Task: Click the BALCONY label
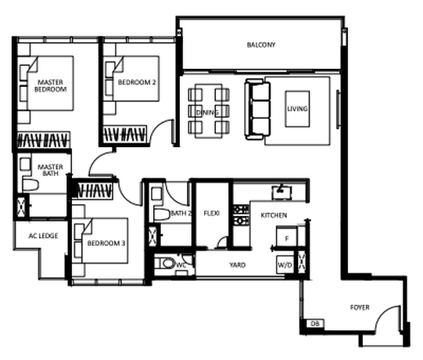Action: [261, 45]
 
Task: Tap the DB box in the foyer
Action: [315, 323]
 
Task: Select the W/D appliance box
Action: [285, 265]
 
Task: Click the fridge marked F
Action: [287, 237]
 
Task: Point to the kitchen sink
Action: [281, 193]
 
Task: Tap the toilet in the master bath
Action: [30, 185]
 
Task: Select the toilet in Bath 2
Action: [162, 214]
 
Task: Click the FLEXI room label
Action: [212, 214]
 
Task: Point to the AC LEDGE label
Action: [43, 236]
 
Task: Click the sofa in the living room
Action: [257, 109]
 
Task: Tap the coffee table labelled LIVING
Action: [297, 109]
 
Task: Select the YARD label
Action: [238, 265]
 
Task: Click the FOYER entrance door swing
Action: [387, 318]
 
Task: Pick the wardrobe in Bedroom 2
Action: [124, 134]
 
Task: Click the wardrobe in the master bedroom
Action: [43, 140]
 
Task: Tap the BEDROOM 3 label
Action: [106, 243]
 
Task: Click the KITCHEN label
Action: [274, 215]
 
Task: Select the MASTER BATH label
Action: [51, 170]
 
